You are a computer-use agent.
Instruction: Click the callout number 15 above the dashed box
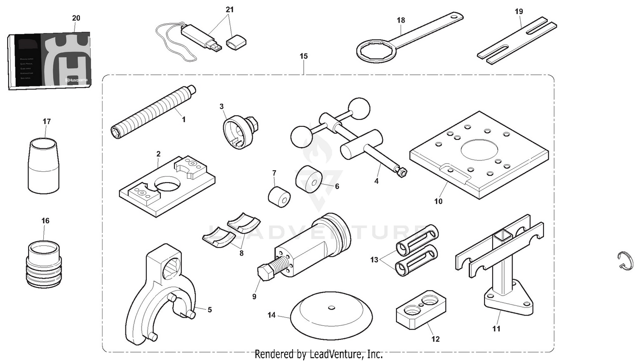click(x=303, y=56)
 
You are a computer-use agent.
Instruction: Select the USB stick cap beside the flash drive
click(x=236, y=42)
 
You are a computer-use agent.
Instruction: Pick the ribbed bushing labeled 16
click(x=44, y=263)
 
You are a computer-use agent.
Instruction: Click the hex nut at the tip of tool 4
click(x=401, y=172)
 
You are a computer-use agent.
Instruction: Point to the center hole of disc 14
click(x=332, y=307)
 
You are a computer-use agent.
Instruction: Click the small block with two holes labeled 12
click(x=421, y=309)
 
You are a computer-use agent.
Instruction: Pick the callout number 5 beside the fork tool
click(x=210, y=310)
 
